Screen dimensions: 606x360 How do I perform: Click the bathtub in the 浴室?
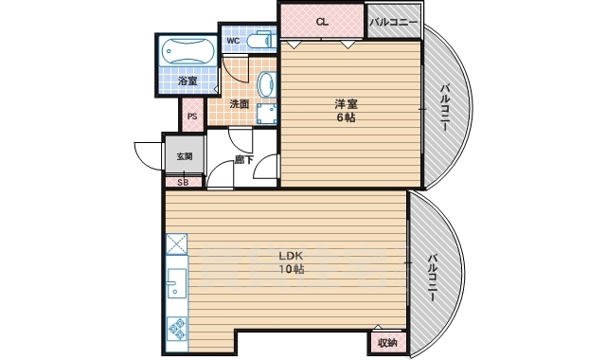(x=187, y=51)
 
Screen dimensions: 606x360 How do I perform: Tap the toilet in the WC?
(x=259, y=40)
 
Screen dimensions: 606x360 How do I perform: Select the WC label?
(x=233, y=41)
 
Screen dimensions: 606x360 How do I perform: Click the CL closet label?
(x=322, y=22)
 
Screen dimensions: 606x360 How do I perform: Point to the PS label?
(x=192, y=116)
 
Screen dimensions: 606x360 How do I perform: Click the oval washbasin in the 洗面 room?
(x=266, y=85)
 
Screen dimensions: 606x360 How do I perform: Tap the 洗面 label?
(x=240, y=104)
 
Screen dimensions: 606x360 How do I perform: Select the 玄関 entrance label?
(x=185, y=156)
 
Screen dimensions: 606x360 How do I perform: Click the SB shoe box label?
(x=183, y=182)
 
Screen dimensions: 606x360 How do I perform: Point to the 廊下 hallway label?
(x=244, y=159)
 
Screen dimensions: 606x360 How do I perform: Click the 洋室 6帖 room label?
(x=346, y=111)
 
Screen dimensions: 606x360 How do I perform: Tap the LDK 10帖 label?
(x=291, y=262)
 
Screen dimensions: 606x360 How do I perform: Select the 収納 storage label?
(x=387, y=343)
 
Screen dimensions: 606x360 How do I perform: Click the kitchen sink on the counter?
(x=177, y=283)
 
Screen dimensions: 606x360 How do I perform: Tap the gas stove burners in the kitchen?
(x=177, y=329)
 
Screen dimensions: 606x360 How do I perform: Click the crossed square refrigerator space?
(x=177, y=244)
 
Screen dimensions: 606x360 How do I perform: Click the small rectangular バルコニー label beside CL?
(x=394, y=22)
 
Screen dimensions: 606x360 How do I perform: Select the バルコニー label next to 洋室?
(x=444, y=107)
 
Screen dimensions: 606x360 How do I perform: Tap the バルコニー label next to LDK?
(x=433, y=278)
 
